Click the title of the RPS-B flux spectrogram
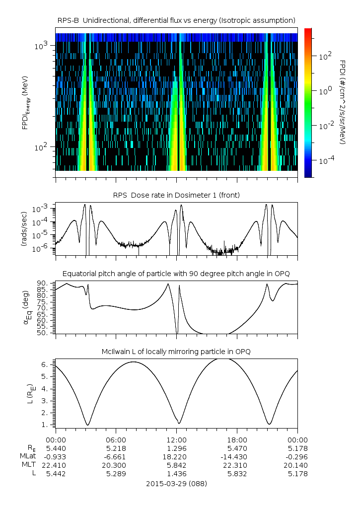(177, 20)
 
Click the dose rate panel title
(177, 195)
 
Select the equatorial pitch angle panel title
(177, 274)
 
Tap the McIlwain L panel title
(177, 352)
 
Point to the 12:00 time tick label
(177, 439)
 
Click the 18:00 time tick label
(237, 439)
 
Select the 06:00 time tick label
(116, 439)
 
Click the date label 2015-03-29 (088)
(177, 483)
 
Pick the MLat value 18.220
(177, 456)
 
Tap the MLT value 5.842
(177, 465)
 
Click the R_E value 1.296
(177, 448)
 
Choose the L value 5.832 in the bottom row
(237, 474)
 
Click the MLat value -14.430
(237, 456)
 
